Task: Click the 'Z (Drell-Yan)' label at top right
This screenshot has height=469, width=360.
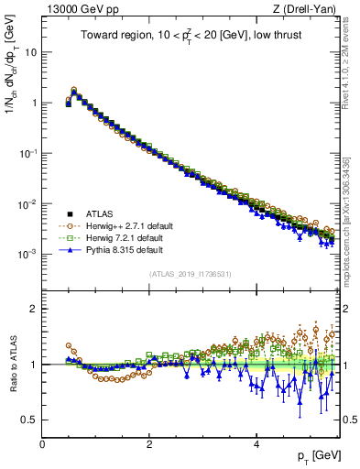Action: pos(309,10)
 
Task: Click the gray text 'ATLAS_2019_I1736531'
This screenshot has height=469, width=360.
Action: pos(191,274)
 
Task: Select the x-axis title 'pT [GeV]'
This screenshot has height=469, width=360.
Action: pos(317,455)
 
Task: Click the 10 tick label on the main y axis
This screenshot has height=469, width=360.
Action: pos(29,52)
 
